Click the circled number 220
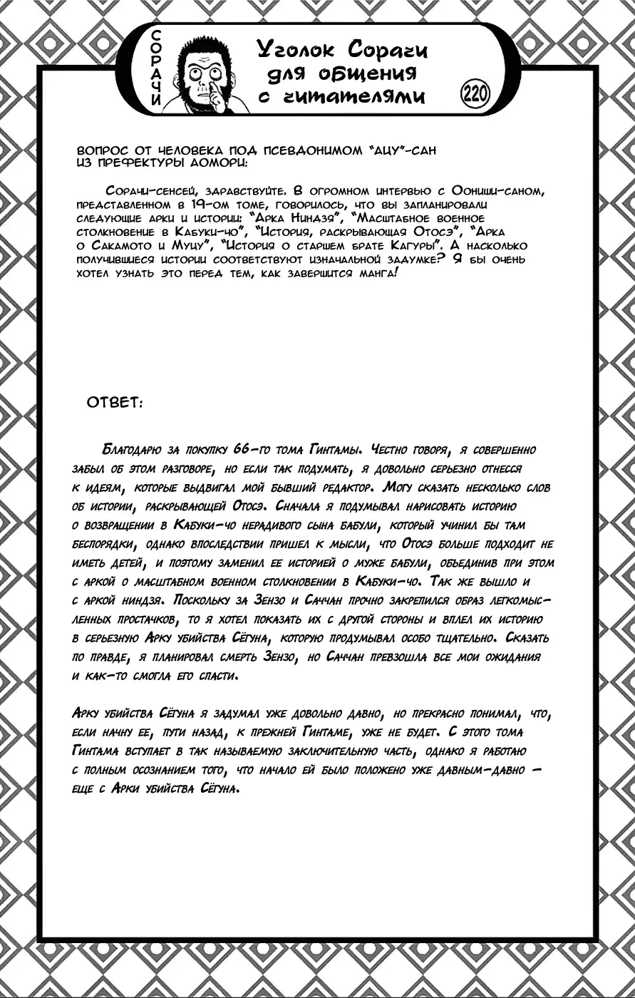pyautogui.click(x=473, y=93)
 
